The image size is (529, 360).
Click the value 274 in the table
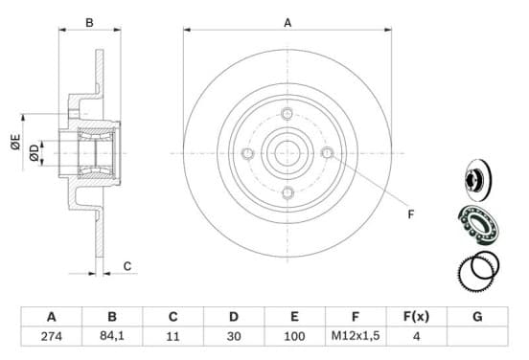(52, 336)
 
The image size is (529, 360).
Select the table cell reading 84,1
(112, 336)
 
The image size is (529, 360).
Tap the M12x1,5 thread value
(356, 336)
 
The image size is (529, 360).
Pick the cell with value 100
(294, 336)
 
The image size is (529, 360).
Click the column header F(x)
(416, 317)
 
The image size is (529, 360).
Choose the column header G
(477, 317)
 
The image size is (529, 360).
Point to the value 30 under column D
(234, 336)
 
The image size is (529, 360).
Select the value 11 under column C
(172, 336)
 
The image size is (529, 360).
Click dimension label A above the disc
(287, 23)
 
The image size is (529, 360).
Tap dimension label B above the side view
(89, 23)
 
